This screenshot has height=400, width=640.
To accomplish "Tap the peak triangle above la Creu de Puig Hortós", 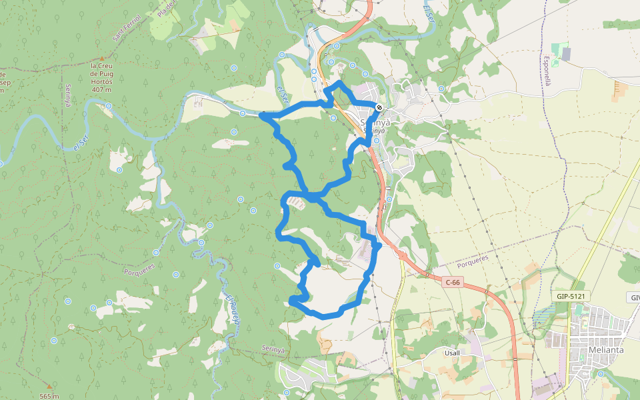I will (x=102, y=59).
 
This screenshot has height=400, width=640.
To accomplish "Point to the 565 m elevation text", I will (x=49, y=396).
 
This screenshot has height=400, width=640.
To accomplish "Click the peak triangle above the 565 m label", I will (x=49, y=386).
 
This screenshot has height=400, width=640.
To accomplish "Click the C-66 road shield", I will (x=452, y=283).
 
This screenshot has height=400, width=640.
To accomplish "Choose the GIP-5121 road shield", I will (x=570, y=295).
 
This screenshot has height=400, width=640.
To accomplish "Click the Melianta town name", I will (x=605, y=350).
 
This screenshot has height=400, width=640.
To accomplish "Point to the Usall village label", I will (x=451, y=352).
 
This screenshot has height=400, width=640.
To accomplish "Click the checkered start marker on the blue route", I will (x=379, y=107).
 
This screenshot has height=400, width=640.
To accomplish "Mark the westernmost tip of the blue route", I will (x=261, y=116).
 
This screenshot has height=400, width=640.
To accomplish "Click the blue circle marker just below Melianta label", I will (x=601, y=373).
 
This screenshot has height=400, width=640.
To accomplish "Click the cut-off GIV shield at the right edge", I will (x=633, y=297).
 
